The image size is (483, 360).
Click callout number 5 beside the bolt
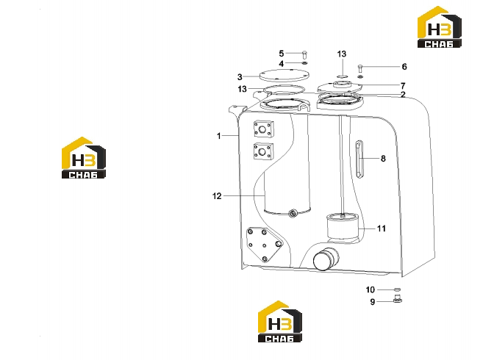click(x=281, y=54)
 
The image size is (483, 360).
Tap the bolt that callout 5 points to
click(x=304, y=54)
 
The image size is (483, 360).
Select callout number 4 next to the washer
click(x=281, y=64)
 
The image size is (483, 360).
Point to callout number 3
click(x=240, y=77)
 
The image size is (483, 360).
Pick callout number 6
click(x=404, y=67)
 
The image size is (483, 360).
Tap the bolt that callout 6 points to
click(x=360, y=68)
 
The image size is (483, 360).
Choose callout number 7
click(x=403, y=86)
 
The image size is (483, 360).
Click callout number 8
click(x=383, y=159)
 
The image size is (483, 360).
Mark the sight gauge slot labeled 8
click(x=359, y=159)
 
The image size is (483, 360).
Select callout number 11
click(x=381, y=228)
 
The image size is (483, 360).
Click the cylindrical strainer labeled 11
click(x=343, y=226)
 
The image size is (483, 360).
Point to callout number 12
click(x=217, y=196)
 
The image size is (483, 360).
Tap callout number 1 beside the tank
click(x=218, y=136)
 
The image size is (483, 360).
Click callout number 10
click(x=370, y=289)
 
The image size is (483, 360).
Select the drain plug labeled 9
click(x=398, y=298)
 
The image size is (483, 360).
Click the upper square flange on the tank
click(x=263, y=129)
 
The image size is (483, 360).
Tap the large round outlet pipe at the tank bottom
click(x=325, y=259)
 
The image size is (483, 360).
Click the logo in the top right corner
click(x=440, y=27)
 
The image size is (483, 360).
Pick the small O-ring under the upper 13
click(x=343, y=76)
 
